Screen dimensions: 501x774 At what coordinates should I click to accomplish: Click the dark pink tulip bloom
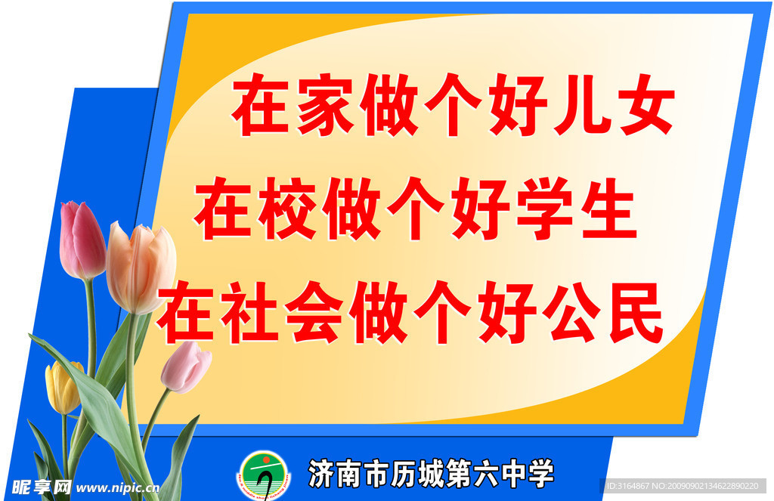[81, 240]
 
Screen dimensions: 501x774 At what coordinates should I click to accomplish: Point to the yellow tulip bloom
[63, 387]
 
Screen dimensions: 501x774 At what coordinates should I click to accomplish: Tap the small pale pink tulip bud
[186, 366]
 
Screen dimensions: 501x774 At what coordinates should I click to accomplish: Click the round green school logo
[265, 475]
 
